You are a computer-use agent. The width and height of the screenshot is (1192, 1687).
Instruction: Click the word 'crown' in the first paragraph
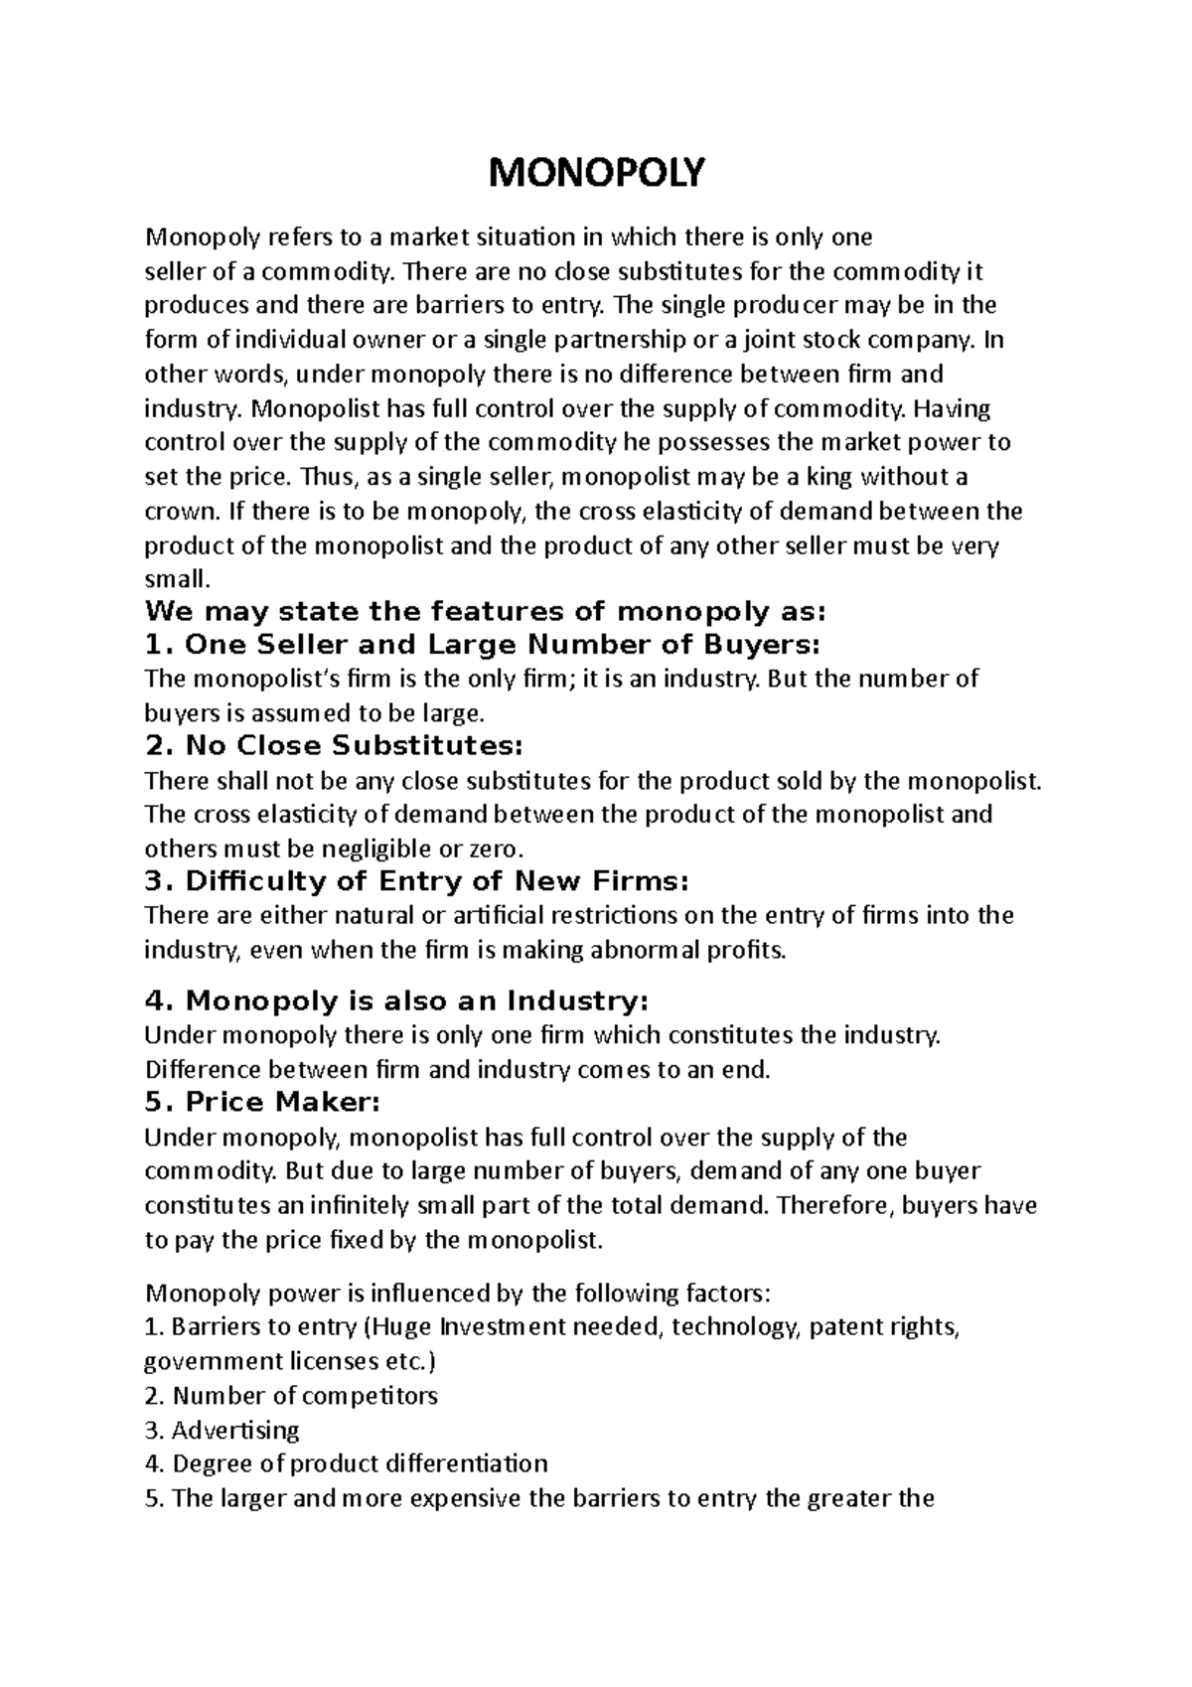pos(171,513)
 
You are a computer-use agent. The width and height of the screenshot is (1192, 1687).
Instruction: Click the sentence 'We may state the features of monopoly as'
pos(485,610)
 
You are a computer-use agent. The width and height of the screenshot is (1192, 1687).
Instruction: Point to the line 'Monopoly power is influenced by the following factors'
pos(457,1294)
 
